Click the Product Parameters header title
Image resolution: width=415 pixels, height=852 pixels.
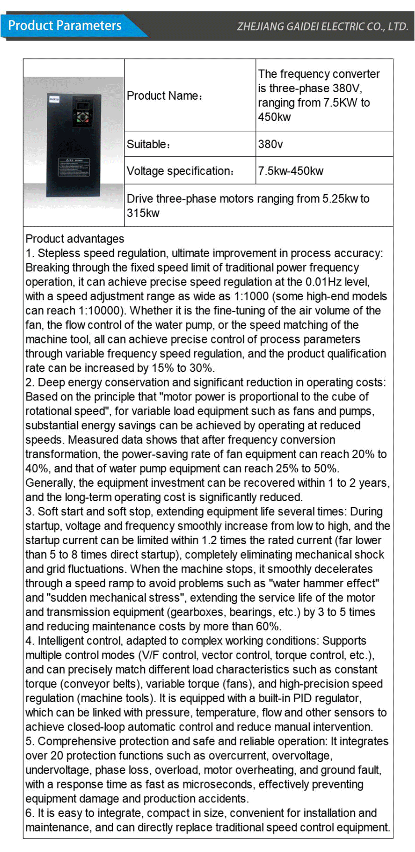(65, 25)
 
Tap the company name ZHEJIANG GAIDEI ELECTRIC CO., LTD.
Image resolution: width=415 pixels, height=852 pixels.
(322, 26)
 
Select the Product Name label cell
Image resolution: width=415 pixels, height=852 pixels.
(165, 96)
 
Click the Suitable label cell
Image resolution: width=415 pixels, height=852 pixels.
(148, 144)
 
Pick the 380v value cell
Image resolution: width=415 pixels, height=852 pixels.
(270, 144)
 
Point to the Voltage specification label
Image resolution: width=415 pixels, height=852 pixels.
(180, 171)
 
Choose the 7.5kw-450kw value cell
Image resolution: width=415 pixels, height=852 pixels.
(290, 171)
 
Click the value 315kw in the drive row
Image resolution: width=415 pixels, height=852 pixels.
(143, 213)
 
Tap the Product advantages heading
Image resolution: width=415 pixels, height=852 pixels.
(75, 239)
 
